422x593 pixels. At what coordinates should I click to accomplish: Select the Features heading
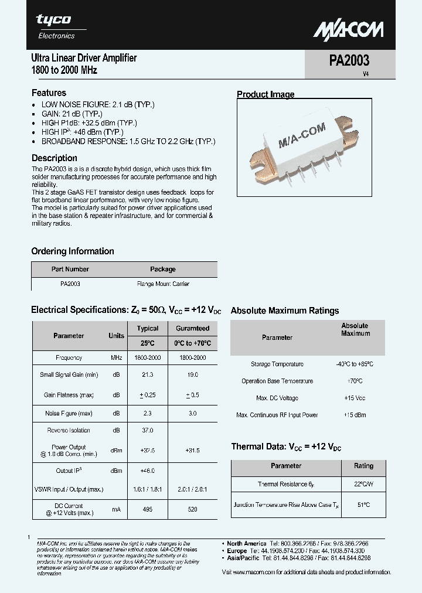point(49,93)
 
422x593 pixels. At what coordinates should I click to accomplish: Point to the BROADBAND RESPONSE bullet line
point(128,141)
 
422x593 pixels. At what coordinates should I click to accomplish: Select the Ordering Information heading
point(73,251)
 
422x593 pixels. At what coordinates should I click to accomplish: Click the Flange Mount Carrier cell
point(163,284)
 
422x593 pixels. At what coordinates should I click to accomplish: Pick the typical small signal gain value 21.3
point(148,374)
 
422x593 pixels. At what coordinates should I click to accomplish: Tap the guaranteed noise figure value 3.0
point(192,413)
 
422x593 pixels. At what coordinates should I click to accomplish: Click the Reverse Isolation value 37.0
point(148,430)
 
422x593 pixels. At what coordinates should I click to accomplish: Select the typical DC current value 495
point(148,509)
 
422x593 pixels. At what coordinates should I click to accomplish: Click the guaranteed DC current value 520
point(192,509)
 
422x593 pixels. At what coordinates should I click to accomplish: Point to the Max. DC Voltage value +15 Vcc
point(355,398)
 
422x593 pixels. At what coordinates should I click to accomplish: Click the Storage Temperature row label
point(277,364)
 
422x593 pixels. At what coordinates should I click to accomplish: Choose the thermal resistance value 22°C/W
point(363,484)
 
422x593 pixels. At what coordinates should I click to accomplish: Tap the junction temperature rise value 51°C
point(363,505)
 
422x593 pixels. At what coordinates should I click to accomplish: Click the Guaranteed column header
point(192,328)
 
